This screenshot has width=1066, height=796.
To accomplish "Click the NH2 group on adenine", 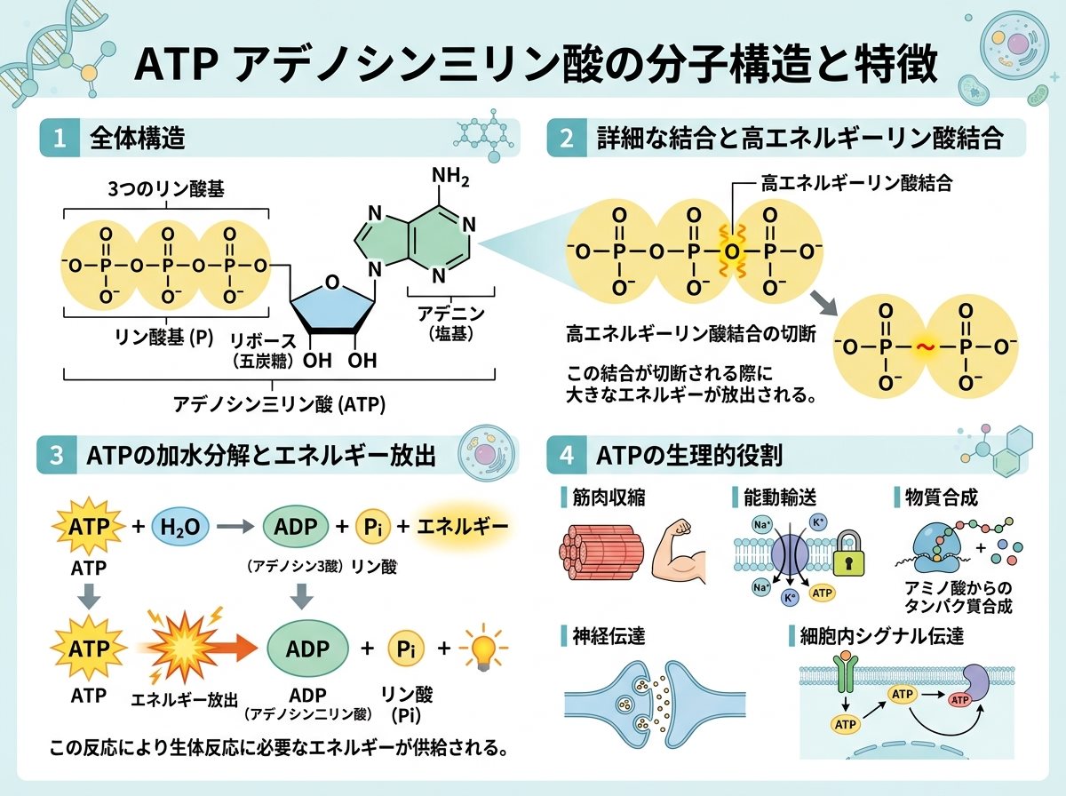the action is [450, 177].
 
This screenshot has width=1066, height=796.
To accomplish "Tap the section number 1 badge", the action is [60, 138].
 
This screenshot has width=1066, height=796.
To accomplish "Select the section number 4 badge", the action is [566, 456].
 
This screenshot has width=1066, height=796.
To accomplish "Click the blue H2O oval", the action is [180, 527].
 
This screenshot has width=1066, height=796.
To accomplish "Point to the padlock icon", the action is [849, 553].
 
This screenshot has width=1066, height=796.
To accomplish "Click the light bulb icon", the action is [482, 648].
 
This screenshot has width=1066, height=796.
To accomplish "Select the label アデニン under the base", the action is [451, 314].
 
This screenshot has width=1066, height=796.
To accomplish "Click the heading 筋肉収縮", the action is [609, 497].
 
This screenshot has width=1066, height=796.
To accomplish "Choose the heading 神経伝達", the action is [609, 636].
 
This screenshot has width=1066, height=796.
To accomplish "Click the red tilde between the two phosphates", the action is [925, 346].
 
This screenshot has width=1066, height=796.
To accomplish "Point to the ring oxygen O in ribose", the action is [331, 282].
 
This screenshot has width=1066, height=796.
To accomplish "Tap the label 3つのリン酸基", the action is [166, 189].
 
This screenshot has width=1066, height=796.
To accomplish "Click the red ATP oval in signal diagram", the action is [959, 700].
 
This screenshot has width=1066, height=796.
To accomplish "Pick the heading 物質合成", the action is [941, 497].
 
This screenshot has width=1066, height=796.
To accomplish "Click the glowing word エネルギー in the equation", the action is [463, 527].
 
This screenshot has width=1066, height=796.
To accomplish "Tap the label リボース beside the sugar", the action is [263, 340].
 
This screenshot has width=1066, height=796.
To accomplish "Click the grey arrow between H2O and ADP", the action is [235, 526].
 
